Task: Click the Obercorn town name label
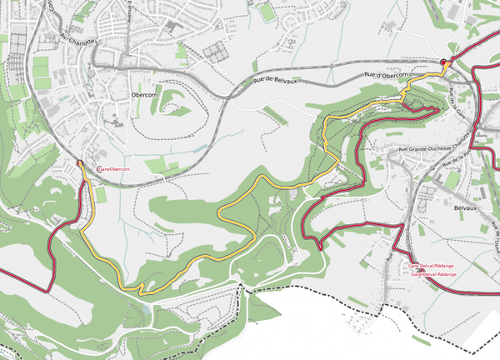click(145, 95)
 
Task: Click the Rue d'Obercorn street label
click(385, 76)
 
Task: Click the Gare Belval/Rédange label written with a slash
click(432, 266)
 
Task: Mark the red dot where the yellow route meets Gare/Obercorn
click(79, 162)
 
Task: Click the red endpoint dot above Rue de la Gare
click(444, 61)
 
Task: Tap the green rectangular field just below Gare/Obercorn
click(100, 194)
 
